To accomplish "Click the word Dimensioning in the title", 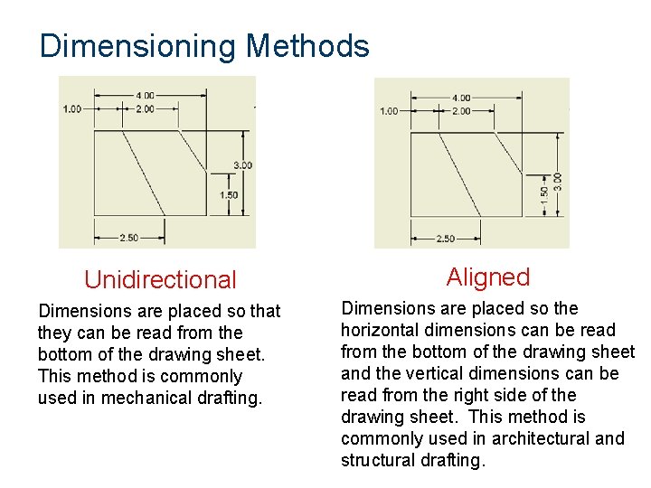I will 138,46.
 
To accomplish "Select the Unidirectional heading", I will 160,280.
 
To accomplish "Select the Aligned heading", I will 488,277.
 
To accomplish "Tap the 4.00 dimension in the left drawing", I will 145,95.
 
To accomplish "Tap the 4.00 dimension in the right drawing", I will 461,98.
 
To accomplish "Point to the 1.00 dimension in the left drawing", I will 71,108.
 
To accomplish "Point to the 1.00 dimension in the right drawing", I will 388,111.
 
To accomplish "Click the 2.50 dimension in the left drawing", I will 129,238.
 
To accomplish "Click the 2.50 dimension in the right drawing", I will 446,239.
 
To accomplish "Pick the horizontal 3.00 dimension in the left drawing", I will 242,165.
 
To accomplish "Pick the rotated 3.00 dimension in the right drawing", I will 558,182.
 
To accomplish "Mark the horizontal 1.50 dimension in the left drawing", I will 229,195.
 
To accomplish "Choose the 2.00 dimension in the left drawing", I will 145,108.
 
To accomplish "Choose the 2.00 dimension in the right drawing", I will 461,111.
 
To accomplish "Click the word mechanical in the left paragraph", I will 156,398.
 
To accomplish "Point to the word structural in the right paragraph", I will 376,460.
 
